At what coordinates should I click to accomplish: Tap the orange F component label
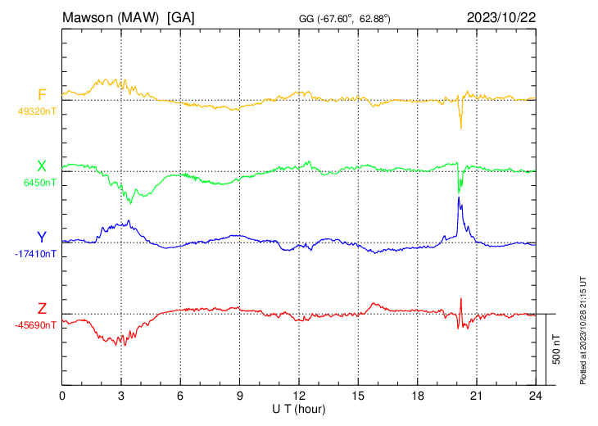click(x=42, y=94)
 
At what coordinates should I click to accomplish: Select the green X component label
click(x=42, y=166)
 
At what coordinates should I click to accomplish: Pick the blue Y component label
click(x=42, y=238)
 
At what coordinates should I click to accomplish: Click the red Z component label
click(x=42, y=309)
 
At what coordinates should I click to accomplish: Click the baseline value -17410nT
click(x=36, y=254)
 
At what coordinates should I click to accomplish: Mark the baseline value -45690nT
click(x=36, y=325)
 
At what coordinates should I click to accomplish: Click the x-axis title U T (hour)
click(x=298, y=408)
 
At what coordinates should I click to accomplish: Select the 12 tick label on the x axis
click(x=298, y=395)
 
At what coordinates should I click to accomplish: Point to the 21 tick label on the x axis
click(x=476, y=395)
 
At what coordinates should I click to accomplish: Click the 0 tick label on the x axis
click(x=63, y=395)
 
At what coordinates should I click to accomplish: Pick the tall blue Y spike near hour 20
click(x=459, y=198)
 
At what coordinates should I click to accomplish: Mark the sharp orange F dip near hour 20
click(x=460, y=126)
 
